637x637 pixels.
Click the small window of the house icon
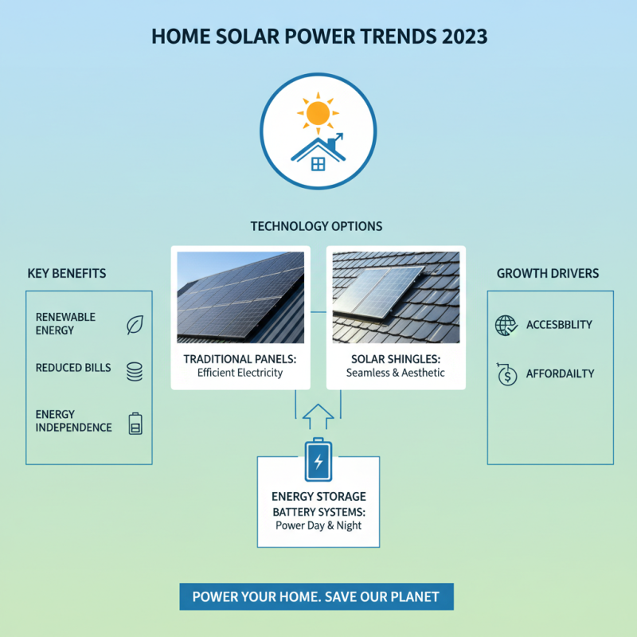coord(318,164)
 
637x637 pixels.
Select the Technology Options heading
coord(317,226)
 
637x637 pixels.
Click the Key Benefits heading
coord(67,273)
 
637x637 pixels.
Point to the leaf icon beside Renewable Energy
coord(135,324)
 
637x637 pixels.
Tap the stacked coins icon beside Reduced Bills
coord(135,371)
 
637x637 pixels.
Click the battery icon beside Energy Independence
coord(135,424)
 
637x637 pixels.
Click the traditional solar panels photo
coord(240,296)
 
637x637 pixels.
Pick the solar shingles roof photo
coord(396,296)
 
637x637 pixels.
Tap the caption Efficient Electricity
coord(240,373)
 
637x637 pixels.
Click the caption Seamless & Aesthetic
coord(396,373)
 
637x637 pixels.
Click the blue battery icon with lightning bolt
coord(318,459)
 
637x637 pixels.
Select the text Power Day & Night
coord(318,525)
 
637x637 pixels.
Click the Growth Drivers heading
coord(548,273)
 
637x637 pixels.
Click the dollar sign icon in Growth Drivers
coord(506,374)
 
